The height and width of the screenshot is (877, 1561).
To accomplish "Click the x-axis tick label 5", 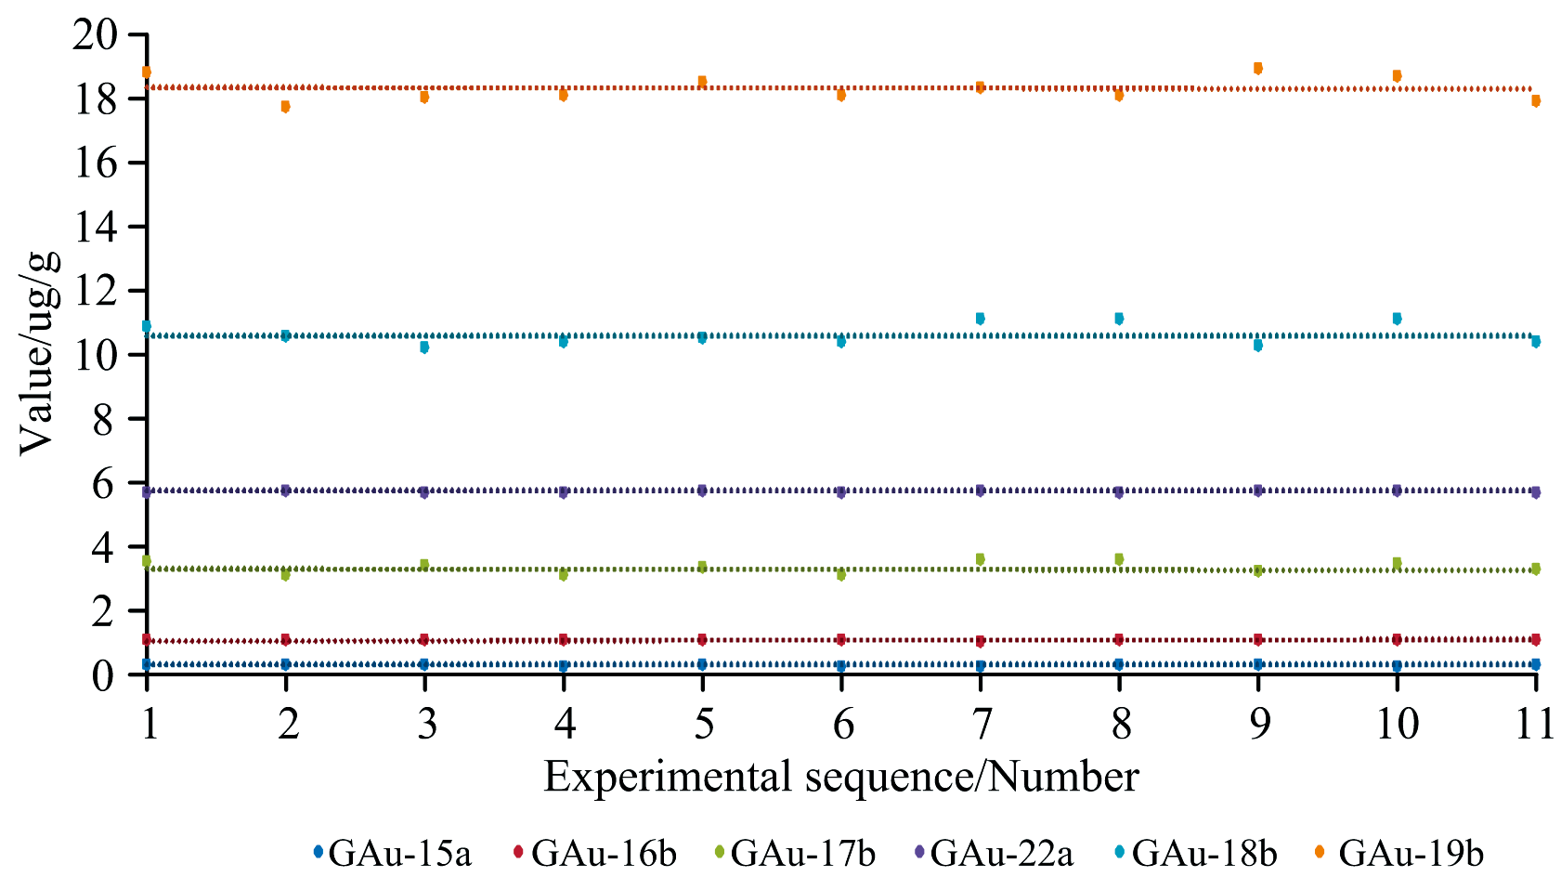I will pyautogui.click(x=703, y=724).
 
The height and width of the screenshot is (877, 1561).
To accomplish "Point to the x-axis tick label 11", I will pyautogui.click(x=1534, y=724).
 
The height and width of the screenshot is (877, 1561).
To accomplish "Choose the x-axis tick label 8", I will pyautogui.click(x=1120, y=724).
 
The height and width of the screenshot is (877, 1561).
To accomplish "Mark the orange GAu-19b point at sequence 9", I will pyautogui.click(x=1258, y=68).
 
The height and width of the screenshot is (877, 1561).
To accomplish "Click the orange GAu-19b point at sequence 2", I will pyautogui.click(x=286, y=107).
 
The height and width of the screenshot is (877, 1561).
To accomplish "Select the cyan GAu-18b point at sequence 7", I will pyautogui.click(x=981, y=319).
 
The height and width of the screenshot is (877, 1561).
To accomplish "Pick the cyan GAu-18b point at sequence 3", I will pyautogui.click(x=424, y=347).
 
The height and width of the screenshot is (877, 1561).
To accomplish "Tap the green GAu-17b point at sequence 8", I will pyautogui.click(x=1119, y=558).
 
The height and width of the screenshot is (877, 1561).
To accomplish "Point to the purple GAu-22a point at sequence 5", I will pyautogui.click(x=703, y=491).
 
